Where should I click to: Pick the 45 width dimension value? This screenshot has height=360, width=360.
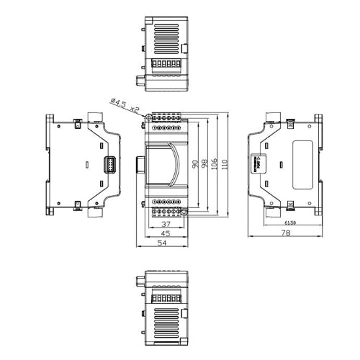[x=165, y=234]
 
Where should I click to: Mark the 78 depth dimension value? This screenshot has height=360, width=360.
[x=285, y=233]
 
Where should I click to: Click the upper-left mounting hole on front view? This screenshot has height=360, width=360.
[x=148, y=115]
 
